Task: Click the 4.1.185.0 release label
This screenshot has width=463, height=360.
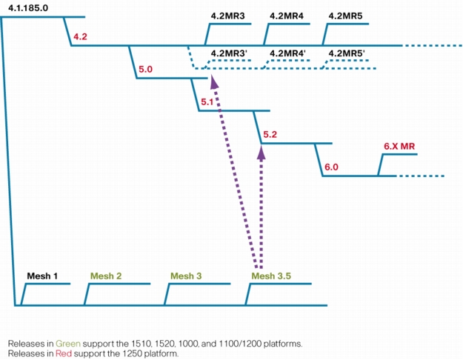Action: pos(28,8)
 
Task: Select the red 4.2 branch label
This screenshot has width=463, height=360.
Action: pos(80,36)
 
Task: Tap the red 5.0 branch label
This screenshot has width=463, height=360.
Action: pos(146,70)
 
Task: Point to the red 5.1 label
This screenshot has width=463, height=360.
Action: pos(207,102)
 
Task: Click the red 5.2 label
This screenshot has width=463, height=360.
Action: pos(270,135)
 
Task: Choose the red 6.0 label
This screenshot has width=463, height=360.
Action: pos(331,167)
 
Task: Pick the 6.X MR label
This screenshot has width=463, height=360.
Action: pos(399,146)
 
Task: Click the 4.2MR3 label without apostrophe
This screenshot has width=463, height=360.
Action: pos(227,16)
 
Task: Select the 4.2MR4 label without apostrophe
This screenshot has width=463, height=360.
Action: pos(287,16)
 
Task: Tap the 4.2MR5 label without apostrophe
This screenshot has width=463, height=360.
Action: pos(345,16)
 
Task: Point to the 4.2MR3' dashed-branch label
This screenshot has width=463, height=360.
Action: pos(229,53)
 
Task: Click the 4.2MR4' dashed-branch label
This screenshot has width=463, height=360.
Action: pos(287,53)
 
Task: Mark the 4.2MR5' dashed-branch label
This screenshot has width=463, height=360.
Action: pos(347,53)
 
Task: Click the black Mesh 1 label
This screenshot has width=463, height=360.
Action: pos(42,276)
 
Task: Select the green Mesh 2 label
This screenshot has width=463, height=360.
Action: pos(106,276)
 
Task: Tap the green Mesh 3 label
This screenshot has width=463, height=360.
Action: pos(186,276)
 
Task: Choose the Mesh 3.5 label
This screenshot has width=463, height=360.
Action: pos(271,276)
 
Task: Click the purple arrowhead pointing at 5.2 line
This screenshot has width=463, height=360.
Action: pos(262,153)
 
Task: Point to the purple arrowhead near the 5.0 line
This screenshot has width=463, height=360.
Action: pos(214,81)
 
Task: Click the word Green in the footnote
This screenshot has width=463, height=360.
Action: pos(68,344)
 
